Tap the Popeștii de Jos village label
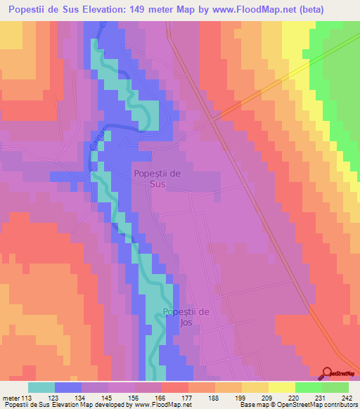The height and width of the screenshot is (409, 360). coord(186,318)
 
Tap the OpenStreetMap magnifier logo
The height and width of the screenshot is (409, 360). coord(328,372)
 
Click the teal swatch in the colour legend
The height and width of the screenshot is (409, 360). coord(41,387)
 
